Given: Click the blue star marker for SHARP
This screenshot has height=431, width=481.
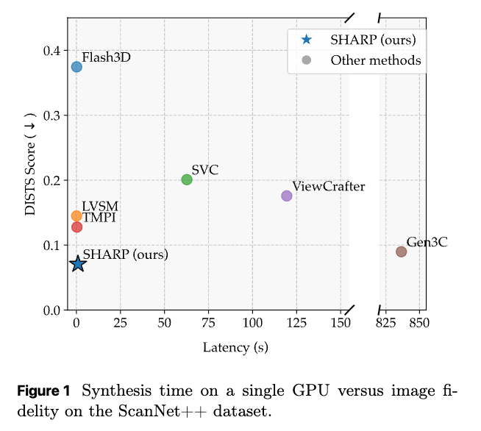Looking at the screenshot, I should tap(78, 263).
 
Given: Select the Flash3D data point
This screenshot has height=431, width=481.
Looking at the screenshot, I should tap(76, 67).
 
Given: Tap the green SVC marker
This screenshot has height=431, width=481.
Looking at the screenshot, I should tap(187, 179).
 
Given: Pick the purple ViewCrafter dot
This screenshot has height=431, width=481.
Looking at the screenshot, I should tap(287, 196).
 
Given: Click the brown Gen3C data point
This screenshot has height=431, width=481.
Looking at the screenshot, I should tap(401, 252).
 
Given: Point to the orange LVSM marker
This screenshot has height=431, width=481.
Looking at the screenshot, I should tap(76, 216).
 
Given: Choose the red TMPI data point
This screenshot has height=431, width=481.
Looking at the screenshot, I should tap(76, 227).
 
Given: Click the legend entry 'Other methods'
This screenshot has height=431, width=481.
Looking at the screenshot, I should tap(375, 60).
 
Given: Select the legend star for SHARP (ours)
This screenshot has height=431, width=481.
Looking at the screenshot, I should tap(307, 40).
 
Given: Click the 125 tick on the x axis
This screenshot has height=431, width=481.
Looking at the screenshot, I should tap(297, 323).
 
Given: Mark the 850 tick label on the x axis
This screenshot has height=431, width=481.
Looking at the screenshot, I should tap(419, 323).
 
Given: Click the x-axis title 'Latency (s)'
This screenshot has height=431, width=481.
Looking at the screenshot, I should tap(235, 347).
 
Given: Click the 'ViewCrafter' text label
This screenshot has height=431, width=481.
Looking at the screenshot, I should tap(328, 186).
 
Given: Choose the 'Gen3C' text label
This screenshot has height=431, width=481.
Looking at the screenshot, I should tap(427, 242).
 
